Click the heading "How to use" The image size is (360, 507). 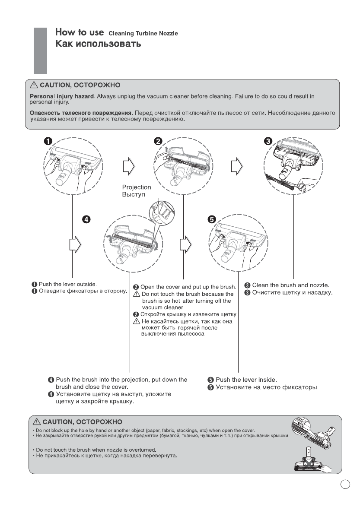pos(79,33)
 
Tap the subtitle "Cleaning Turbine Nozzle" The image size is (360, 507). pos(143,34)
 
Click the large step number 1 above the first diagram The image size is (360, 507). pos(48,142)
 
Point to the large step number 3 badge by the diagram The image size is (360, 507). pos(268,142)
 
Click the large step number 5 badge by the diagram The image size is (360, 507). pos(212,219)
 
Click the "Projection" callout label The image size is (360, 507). pos(137,187)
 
